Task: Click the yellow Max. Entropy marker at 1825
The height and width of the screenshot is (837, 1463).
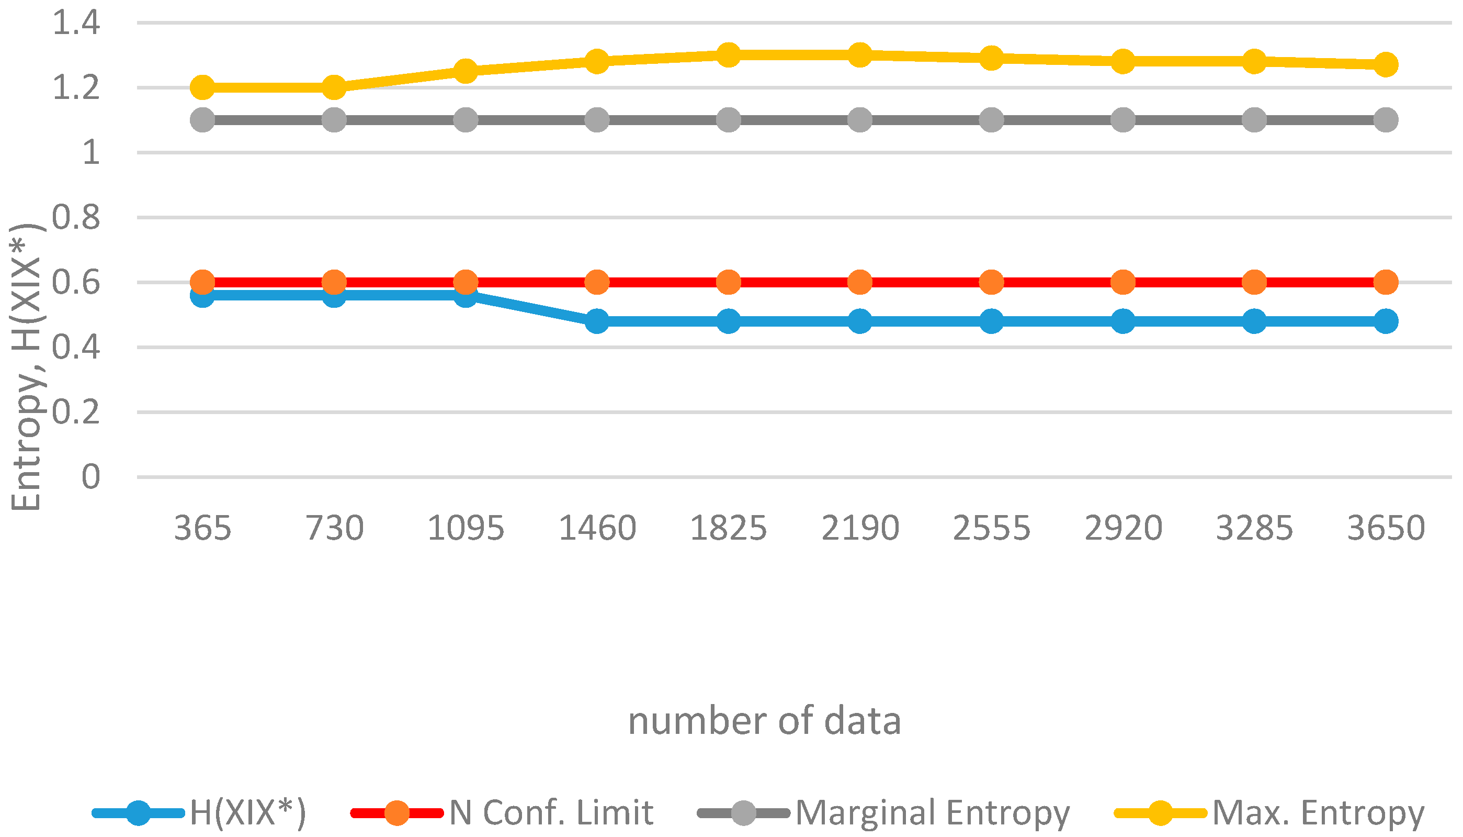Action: pos(728,55)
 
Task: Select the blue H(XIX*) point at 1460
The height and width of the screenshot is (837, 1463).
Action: pos(597,321)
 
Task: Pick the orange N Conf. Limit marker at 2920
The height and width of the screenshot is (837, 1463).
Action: pos(1123,282)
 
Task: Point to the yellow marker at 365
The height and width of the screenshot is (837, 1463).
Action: pos(202,87)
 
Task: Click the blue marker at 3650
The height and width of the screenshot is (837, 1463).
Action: pos(1386,321)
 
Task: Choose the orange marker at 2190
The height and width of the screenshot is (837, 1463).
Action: pos(860,282)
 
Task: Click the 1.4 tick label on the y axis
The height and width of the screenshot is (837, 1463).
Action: pos(76,23)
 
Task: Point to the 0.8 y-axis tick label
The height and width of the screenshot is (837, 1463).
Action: pos(76,217)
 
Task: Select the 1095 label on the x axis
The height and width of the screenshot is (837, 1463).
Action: pos(466,528)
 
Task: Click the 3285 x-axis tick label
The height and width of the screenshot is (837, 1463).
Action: pos(1254,528)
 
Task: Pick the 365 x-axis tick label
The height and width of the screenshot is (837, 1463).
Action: pos(202,528)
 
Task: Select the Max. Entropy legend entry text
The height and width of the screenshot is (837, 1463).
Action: pos(1319,812)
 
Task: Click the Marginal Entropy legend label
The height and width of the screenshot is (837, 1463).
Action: pos(933,812)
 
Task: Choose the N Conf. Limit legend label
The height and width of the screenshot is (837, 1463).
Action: pos(551,812)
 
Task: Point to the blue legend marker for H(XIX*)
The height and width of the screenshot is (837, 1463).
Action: pos(139,813)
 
